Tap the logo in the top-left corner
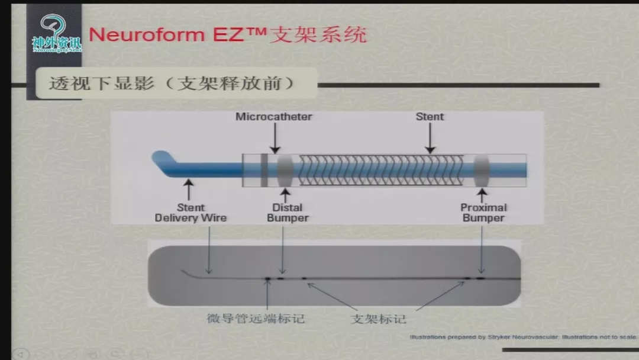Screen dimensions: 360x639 pos(57,34)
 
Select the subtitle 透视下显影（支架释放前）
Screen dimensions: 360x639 pos(172,83)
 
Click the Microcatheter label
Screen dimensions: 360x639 pos(274,117)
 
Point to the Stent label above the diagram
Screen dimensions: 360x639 pos(430,117)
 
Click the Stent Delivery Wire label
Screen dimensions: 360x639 pos(191,213)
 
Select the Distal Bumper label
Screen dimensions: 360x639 pos(288,213)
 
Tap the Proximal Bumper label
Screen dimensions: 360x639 pos(483,213)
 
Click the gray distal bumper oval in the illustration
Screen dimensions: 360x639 pos(285,171)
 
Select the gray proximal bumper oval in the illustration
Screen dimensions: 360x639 pos(481,171)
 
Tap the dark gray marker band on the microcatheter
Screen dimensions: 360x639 pos(263,171)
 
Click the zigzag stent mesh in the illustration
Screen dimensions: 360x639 pos(382,171)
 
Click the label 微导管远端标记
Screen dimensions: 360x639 pos(256,319)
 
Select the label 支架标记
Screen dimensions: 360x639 pos(378,319)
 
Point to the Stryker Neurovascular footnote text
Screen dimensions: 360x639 pos(523,337)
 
